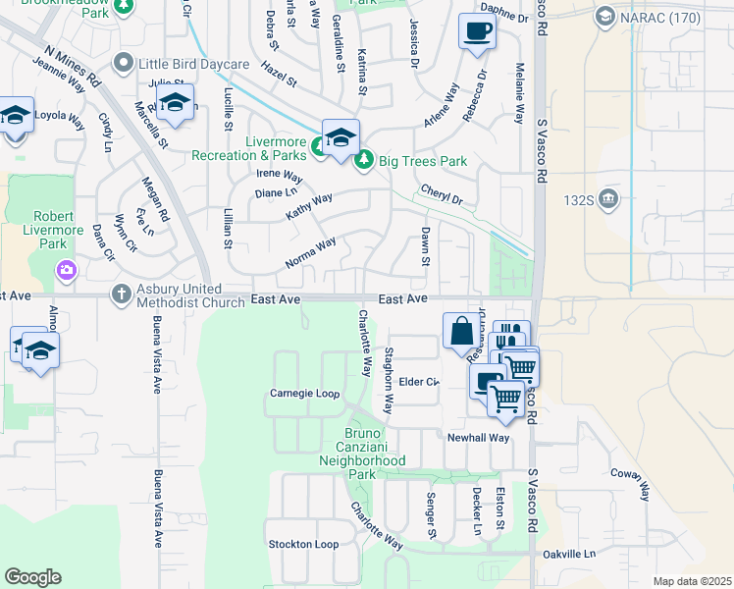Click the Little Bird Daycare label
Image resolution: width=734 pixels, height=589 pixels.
tap(194, 64)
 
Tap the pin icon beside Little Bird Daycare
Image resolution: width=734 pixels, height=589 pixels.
tap(124, 64)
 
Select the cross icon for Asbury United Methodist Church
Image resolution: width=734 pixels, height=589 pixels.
tap(121, 294)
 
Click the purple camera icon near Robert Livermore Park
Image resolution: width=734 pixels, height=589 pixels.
tap(66, 269)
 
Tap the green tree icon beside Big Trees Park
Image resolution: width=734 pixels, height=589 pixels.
tap(364, 160)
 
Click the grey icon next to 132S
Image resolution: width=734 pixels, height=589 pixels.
tap(609, 199)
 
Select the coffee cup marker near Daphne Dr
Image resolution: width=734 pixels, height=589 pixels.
tap(477, 31)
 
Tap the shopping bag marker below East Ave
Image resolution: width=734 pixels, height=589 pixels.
tap(462, 332)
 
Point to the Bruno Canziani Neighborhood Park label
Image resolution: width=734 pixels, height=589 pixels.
tap(362, 454)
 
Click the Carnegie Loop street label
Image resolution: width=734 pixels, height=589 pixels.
tap(304, 394)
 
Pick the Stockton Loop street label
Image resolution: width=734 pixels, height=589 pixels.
tap(303, 544)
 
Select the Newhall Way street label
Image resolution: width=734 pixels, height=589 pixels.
tap(479, 438)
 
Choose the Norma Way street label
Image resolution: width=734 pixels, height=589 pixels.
tap(310, 252)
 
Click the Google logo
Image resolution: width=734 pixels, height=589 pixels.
tap(32, 577)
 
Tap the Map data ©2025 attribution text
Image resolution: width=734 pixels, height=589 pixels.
tap(691, 581)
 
